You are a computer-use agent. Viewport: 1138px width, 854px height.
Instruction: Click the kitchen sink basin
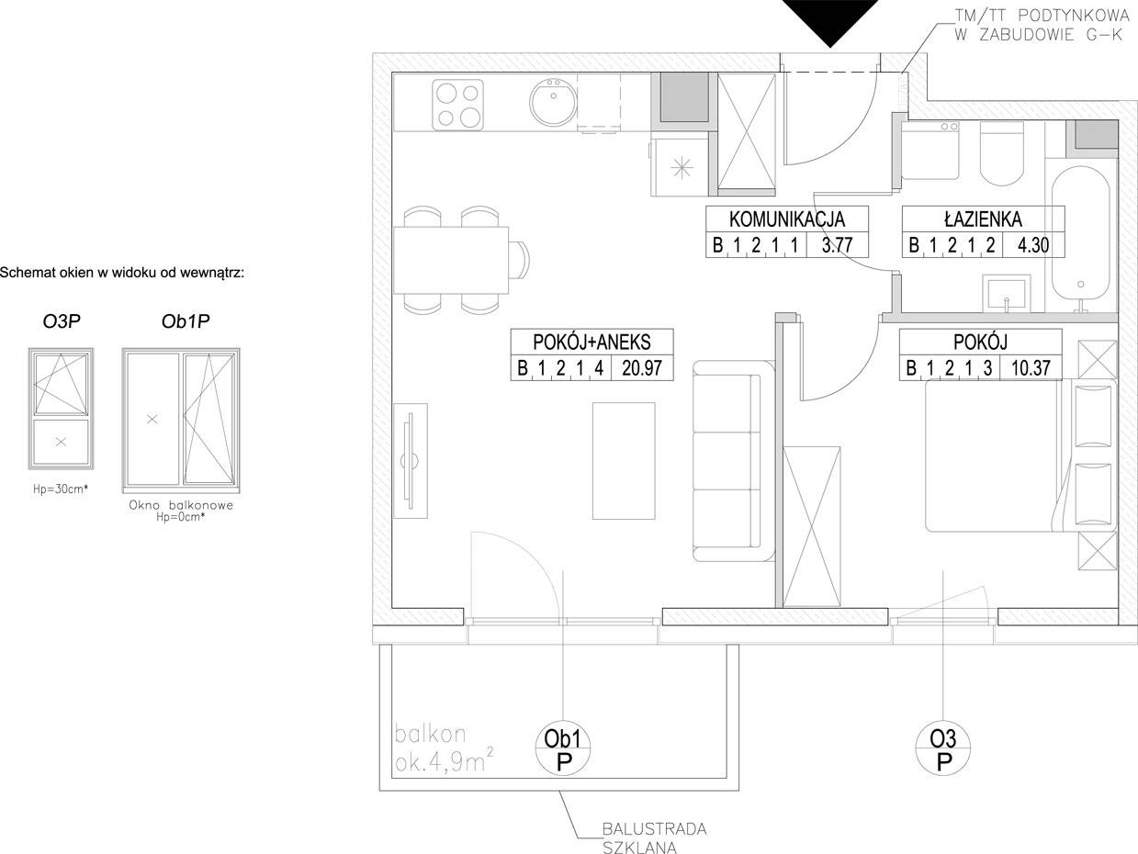click(x=553, y=102)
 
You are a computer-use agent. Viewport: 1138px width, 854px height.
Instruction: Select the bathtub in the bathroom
click(x=1080, y=239)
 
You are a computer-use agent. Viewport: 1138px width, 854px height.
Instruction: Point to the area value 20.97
click(x=642, y=368)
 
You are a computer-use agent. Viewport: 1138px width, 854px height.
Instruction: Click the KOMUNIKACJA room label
click(x=787, y=219)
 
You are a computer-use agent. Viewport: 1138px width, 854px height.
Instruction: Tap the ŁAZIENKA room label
click(x=983, y=219)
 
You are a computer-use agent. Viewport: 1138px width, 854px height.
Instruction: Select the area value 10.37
click(x=1031, y=368)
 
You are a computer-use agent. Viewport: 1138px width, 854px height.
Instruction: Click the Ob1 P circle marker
click(x=562, y=749)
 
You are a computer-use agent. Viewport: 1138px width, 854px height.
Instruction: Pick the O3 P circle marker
click(x=942, y=749)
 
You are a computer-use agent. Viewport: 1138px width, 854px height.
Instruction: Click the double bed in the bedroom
click(x=1020, y=455)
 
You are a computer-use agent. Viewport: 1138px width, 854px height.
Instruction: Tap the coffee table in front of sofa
click(x=624, y=461)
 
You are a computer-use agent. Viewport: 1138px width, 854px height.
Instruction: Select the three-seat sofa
click(x=733, y=461)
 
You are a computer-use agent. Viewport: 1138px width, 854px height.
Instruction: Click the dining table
click(x=451, y=260)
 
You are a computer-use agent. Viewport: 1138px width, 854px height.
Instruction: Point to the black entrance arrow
click(x=830, y=21)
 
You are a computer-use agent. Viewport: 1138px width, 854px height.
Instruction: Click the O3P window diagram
click(x=62, y=409)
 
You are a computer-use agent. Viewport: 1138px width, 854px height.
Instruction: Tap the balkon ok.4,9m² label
click(x=444, y=748)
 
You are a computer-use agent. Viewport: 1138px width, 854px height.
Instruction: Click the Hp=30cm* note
click(x=61, y=489)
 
